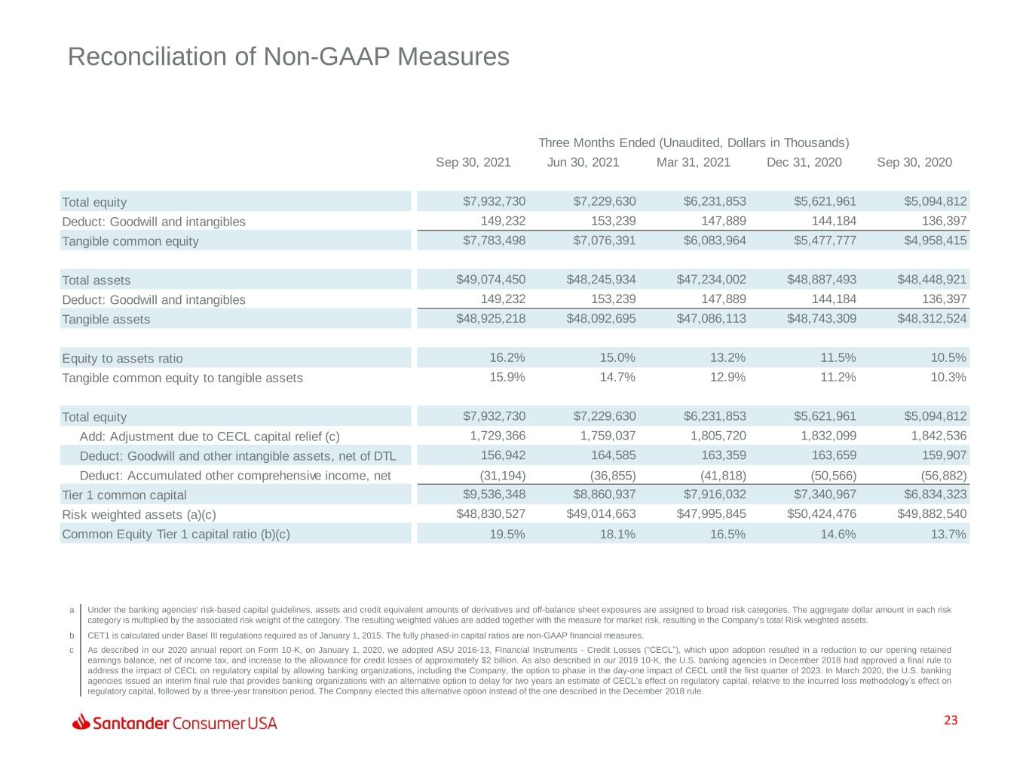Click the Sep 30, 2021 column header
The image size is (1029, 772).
tap(473, 162)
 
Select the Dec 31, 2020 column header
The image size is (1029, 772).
tap(804, 162)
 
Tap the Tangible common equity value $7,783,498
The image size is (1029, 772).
tap(494, 240)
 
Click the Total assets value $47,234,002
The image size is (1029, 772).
tap(711, 280)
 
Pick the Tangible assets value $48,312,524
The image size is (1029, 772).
tap(932, 319)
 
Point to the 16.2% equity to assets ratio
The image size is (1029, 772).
tap(507, 357)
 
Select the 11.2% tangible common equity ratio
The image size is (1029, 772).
tap(838, 377)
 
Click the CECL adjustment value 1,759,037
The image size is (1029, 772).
tap(608, 436)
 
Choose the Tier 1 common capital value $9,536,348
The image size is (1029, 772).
tap(494, 494)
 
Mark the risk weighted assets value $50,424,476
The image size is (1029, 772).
tap(822, 513)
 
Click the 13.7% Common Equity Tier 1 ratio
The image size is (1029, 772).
tap(948, 534)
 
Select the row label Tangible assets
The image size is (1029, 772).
tap(106, 319)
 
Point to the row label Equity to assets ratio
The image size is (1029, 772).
tap(122, 359)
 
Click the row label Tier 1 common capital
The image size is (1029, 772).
tap(124, 495)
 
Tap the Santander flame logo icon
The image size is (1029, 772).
tap(81, 722)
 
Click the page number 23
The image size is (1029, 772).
tap(951, 721)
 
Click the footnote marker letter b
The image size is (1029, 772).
tap(72, 636)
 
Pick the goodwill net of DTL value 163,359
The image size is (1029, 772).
tap(724, 455)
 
